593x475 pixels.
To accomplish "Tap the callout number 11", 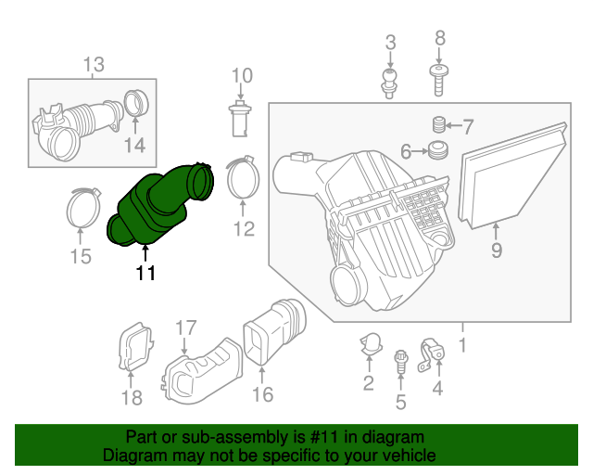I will click(145, 273).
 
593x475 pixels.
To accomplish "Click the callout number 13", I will click(94, 64).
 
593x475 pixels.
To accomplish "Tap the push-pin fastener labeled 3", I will click(390, 83).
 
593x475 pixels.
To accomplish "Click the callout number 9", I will click(496, 250).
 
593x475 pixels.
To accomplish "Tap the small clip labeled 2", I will click(370, 344).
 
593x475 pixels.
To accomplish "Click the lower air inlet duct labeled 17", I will click(199, 371).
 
